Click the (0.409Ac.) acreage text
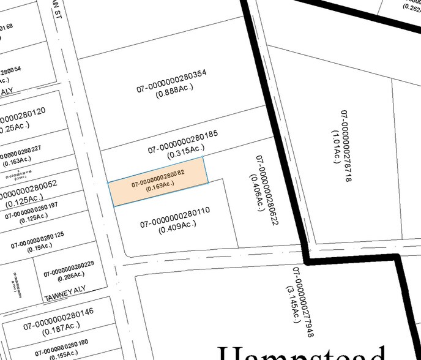point(177,227)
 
